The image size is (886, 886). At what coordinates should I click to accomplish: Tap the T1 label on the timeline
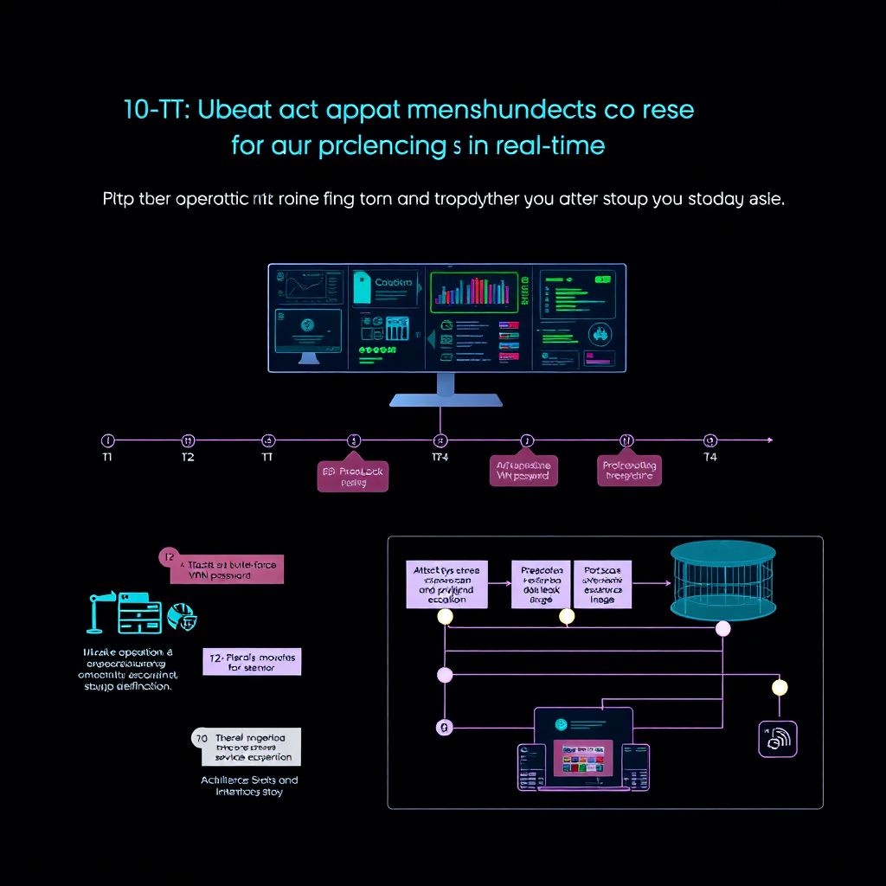point(107,457)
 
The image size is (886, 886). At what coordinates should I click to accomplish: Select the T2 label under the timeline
point(188,457)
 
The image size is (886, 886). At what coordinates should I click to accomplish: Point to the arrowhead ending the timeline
point(768,440)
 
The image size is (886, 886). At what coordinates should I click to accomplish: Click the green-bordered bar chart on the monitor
point(473,292)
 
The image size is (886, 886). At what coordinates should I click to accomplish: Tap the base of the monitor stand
point(446,400)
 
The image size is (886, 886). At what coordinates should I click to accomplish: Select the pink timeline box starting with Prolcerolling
point(630,471)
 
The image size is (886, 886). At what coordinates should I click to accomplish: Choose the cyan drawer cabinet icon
point(140,615)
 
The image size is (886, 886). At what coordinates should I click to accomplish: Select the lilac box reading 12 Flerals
point(252,662)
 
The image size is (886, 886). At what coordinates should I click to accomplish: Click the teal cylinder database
point(722,580)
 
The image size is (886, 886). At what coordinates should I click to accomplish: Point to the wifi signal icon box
point(777,738)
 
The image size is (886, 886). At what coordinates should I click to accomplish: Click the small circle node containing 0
point(445,728)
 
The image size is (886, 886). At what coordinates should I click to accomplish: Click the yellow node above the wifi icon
point(780,687)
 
